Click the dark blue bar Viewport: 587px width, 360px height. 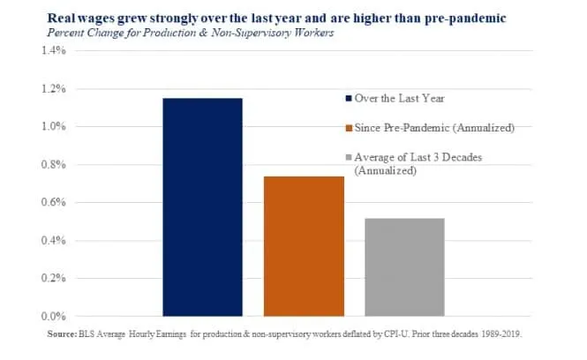(x=202, y=207)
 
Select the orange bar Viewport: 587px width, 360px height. (x=304, y=246)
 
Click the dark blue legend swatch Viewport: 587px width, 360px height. (x=349, y=98)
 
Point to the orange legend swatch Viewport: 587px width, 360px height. (x=349, y=129)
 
